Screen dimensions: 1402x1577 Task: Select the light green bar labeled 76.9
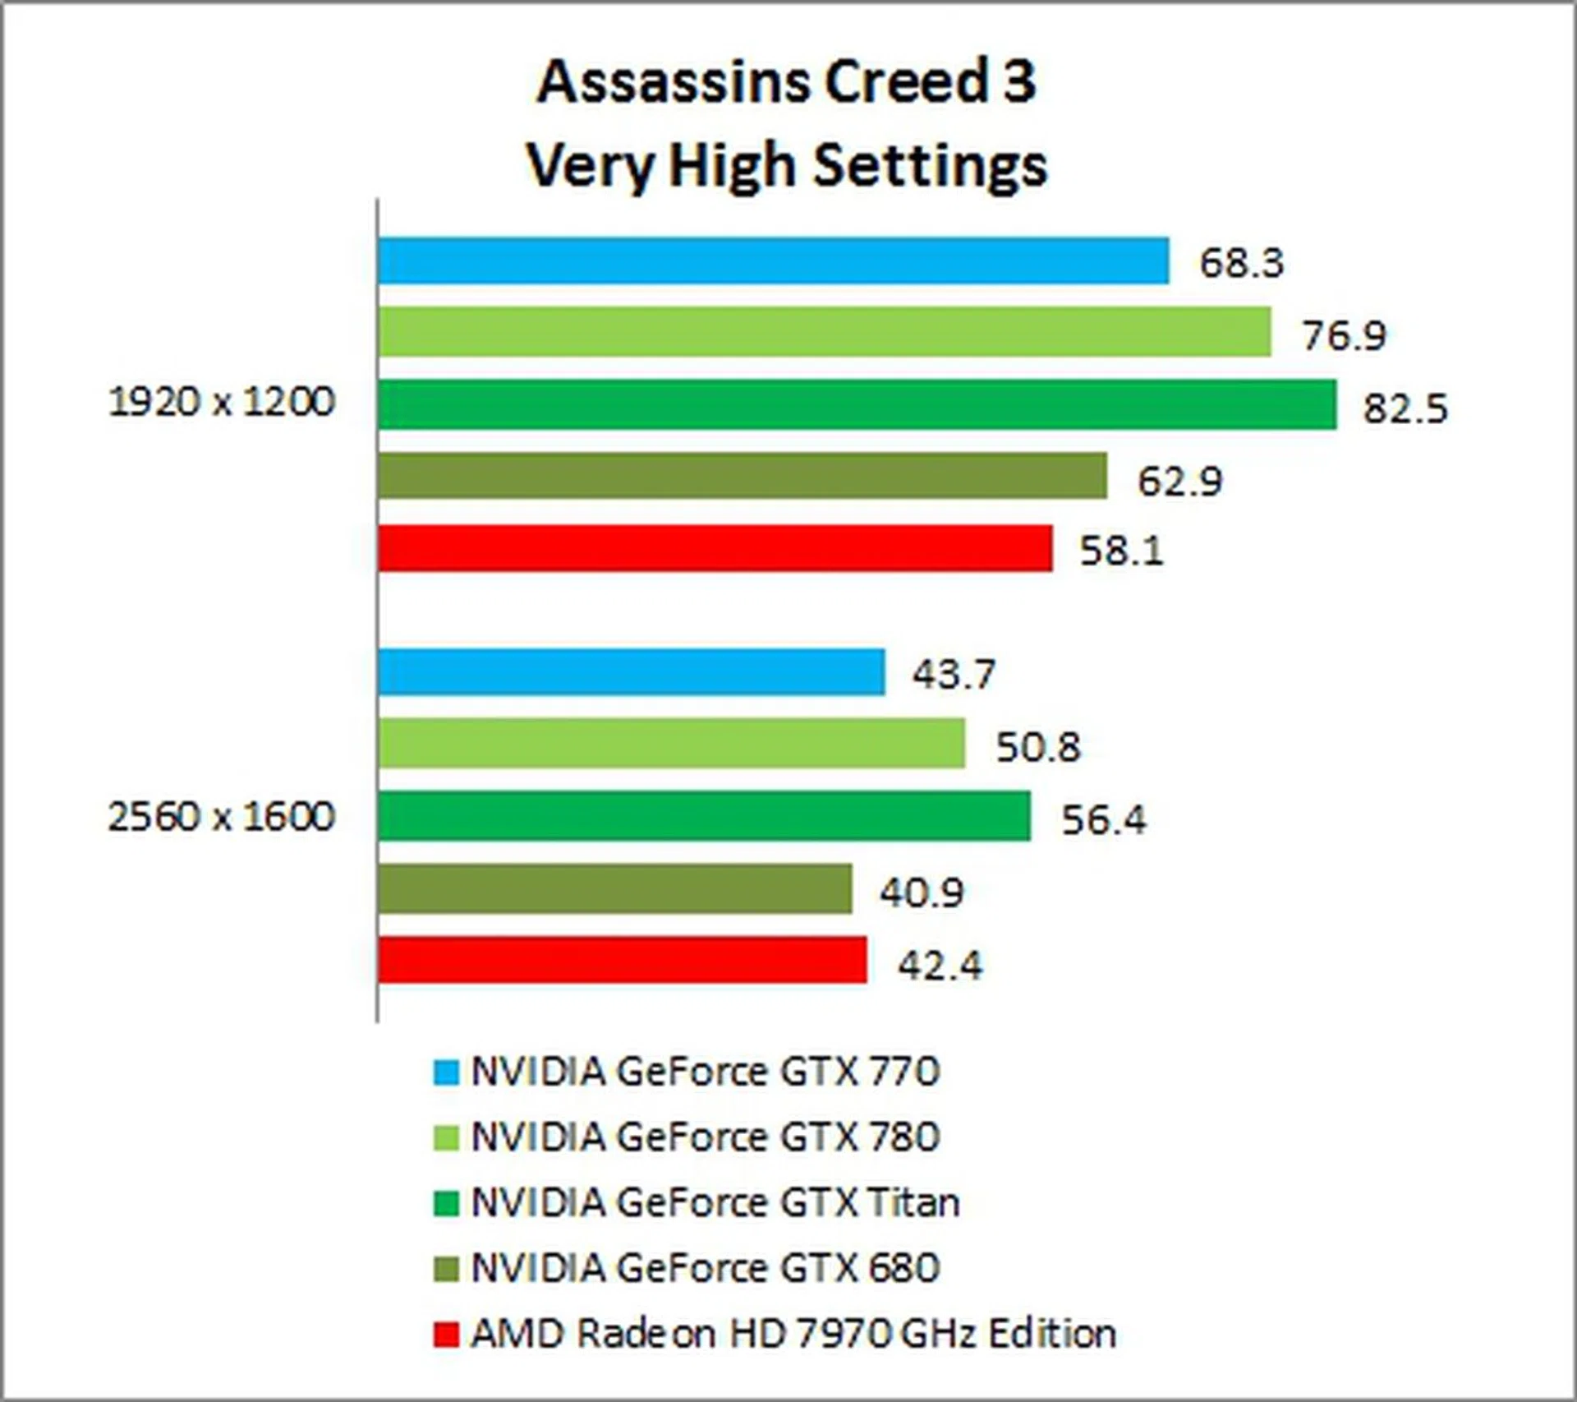[x=824, y=332]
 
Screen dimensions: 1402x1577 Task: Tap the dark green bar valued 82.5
[x=857, y=404]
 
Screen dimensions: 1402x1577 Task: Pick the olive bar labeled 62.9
[x=742, y=476]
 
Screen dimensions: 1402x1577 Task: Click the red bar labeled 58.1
[x=715, y=548]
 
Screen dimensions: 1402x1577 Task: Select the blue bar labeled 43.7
[x=631, y=672]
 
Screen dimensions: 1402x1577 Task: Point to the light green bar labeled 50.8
[x=671, y=744]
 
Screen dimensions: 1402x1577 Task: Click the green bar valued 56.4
[x=704, y=816]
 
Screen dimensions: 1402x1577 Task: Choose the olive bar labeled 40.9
[x=614, y=888]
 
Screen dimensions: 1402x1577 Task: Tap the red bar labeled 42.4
[x=622, y=960]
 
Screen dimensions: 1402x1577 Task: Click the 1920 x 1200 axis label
[x=222, y=403]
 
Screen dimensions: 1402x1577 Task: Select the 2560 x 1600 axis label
[x=222, y=817]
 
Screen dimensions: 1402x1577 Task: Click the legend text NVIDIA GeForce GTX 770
[x=705, y=1072]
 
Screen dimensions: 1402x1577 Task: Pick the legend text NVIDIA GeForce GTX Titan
[x=715, y=1202]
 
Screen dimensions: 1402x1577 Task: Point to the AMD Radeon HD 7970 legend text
[x=793, y=1333]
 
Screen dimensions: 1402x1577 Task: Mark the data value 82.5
[x=1405, y=408]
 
